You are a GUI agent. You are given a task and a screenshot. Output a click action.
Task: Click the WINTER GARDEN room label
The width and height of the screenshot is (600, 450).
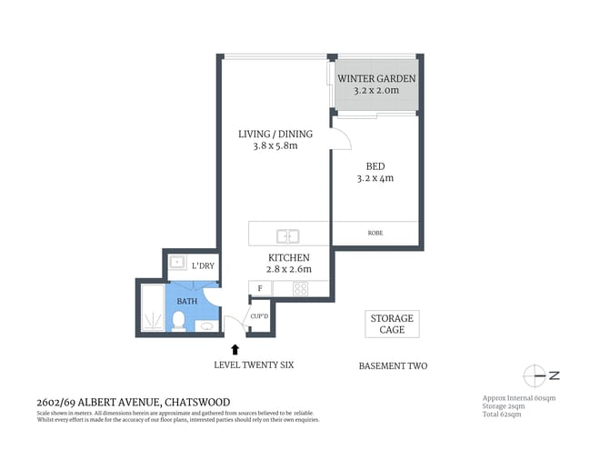click(x=376, y=79)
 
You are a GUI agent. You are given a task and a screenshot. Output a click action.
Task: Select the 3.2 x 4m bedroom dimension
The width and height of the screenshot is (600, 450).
click(x=375, y=178)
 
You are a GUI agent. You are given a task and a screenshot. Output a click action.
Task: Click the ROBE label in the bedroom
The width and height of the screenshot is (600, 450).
click(x=375, y=233)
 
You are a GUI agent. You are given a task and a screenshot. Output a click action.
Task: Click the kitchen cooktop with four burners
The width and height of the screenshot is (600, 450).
click(x=299, y=289)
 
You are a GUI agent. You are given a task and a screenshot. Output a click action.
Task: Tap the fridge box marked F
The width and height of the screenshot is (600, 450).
click(x=260, y=289)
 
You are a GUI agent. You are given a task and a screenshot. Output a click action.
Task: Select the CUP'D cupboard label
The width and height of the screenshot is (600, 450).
click(x=259, y=316)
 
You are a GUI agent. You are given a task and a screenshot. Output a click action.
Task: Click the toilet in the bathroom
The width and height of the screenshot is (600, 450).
click(x=179, y=320)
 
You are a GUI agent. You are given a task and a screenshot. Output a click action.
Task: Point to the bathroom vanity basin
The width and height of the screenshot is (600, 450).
click(x=206, y=325)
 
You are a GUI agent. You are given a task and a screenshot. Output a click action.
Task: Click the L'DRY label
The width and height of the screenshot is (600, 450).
click(x=203, y=265)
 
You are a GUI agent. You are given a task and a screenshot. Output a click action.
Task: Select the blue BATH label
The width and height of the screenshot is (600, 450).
click(x=186, y=301)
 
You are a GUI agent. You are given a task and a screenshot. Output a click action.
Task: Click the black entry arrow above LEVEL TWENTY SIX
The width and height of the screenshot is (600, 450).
click(x=235, y=348)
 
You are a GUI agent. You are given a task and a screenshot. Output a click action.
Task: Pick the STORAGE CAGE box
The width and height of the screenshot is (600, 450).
click(x=392, y=324)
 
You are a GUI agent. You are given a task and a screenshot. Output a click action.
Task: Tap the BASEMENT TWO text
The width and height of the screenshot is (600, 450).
click(x=393, y=366)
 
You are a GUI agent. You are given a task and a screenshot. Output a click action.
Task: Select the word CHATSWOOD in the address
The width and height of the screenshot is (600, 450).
click(x=197, y=402)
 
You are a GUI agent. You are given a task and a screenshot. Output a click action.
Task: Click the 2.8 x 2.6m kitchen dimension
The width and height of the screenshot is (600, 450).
click(x=283, y=269)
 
